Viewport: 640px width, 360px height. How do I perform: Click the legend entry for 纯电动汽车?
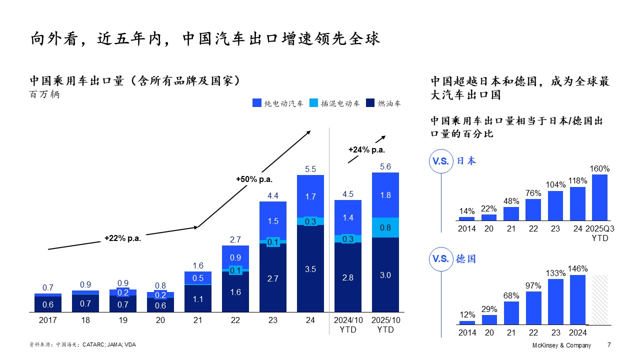coord(278,103)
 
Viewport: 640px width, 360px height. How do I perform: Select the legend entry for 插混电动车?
coord(334,103)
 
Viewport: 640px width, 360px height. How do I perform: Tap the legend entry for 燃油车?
coord(383,103)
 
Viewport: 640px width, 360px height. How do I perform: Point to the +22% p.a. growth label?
coord(122,238)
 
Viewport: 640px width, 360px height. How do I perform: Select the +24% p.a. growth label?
coord(366,149)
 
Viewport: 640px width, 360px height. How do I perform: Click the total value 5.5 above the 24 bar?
coord(310,169)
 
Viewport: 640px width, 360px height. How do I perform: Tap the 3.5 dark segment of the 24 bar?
coord(310,268)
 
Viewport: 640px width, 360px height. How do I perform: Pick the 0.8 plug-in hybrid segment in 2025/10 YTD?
coord(385,227)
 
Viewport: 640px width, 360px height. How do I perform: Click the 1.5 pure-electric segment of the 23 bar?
coord(273,221)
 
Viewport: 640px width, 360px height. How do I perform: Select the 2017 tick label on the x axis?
coord(48,320)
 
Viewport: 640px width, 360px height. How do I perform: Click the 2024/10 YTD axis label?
coord(348,325)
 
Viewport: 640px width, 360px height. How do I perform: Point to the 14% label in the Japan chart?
coord(466,211)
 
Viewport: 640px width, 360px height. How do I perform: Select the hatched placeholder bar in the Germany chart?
coord(599,299)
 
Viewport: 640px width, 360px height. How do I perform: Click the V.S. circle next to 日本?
coord(440,161)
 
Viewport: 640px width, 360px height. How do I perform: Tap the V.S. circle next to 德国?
coord(440,259)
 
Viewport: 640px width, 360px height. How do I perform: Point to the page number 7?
coord(608,345)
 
